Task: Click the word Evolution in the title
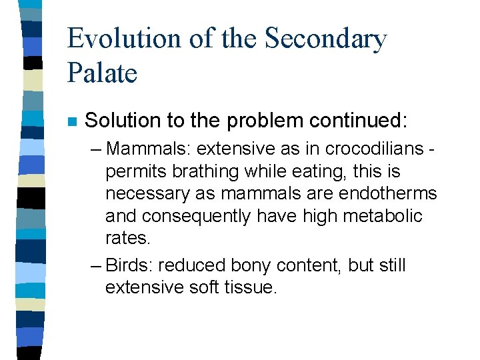(x=124, y=39)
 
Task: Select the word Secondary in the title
(x=325, y=39)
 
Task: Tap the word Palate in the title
(x=102, y=73)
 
